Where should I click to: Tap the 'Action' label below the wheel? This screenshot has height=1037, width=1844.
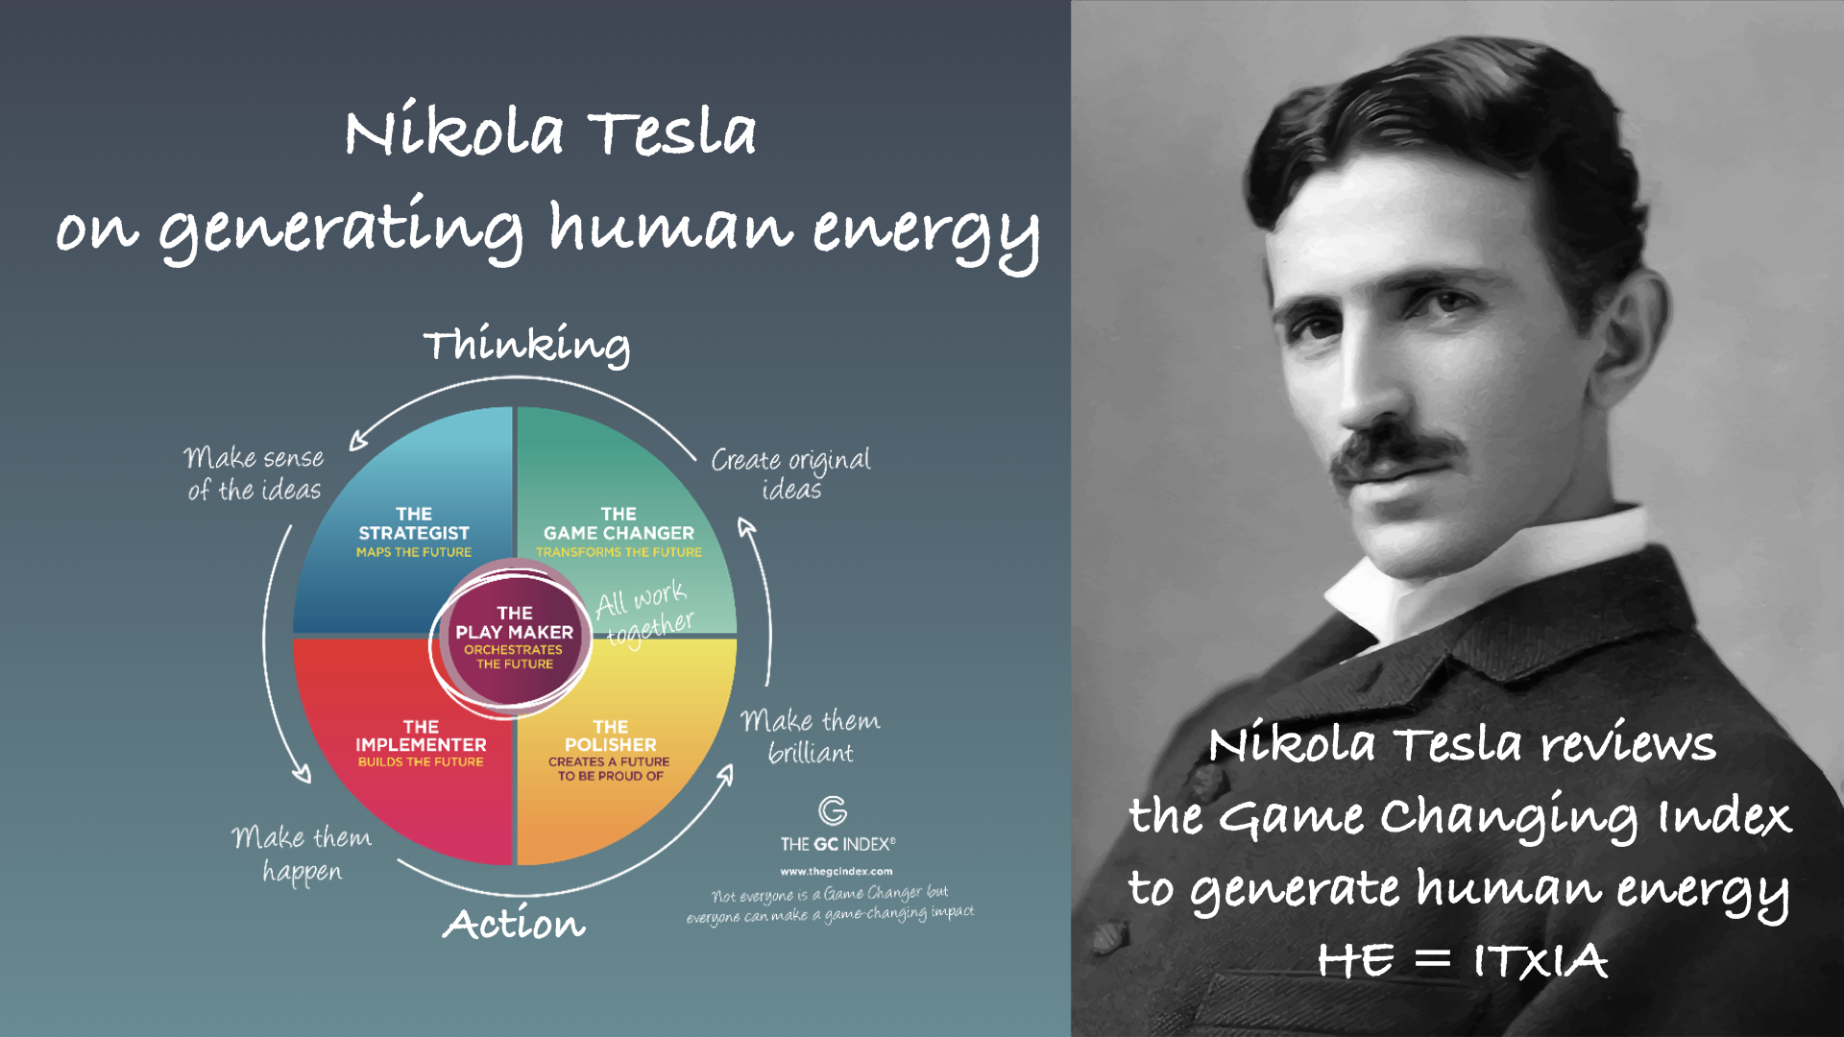(x=514, y=923)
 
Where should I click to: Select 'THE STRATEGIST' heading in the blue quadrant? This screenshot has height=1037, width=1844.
(x=414, y=523)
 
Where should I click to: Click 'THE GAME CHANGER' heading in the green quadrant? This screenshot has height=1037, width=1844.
(x=619, y=523)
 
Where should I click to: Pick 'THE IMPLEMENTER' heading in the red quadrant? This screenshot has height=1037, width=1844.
(x=421, y=736)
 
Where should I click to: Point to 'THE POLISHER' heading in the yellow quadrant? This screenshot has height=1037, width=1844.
(x=611, y=736)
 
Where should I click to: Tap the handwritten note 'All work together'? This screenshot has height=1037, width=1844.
(x=644, y=614)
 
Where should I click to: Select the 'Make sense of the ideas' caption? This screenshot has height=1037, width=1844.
(x=255, y=473)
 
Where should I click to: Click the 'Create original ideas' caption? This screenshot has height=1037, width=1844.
(x=791, y=473)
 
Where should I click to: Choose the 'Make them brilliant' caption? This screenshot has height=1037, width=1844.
(x=811, y=736)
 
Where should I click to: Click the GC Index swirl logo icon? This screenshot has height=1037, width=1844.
(x=833, y=810)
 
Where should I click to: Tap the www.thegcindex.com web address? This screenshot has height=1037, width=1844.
(x=837, y=872)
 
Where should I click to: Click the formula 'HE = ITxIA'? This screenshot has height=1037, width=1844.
(x=1462, y=960)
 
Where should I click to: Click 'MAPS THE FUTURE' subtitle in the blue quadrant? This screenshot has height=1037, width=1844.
(x=414, y=552)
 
